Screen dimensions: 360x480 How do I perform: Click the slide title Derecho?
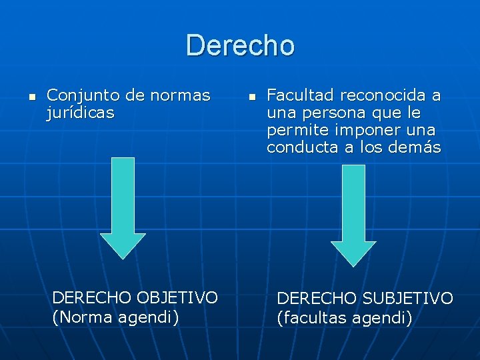coord(240,46)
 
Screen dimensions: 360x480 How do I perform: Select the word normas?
coord(180,96)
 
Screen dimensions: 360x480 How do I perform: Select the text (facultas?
coord(310,318)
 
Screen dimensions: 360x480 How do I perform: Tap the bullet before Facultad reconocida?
coord(251,97)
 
